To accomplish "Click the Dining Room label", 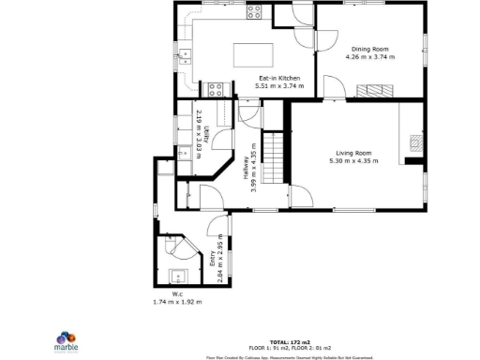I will (370, 49).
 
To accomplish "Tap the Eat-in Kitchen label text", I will (279, 78).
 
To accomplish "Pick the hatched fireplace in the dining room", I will (375, 90).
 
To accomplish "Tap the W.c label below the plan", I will (176, 293).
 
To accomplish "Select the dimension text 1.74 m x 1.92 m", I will (177, 302).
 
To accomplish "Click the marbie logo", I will (65, 338).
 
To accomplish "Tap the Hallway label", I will (247, 167).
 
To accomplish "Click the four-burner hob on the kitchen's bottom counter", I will (215, 90).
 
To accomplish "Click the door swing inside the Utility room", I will (221, 138).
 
